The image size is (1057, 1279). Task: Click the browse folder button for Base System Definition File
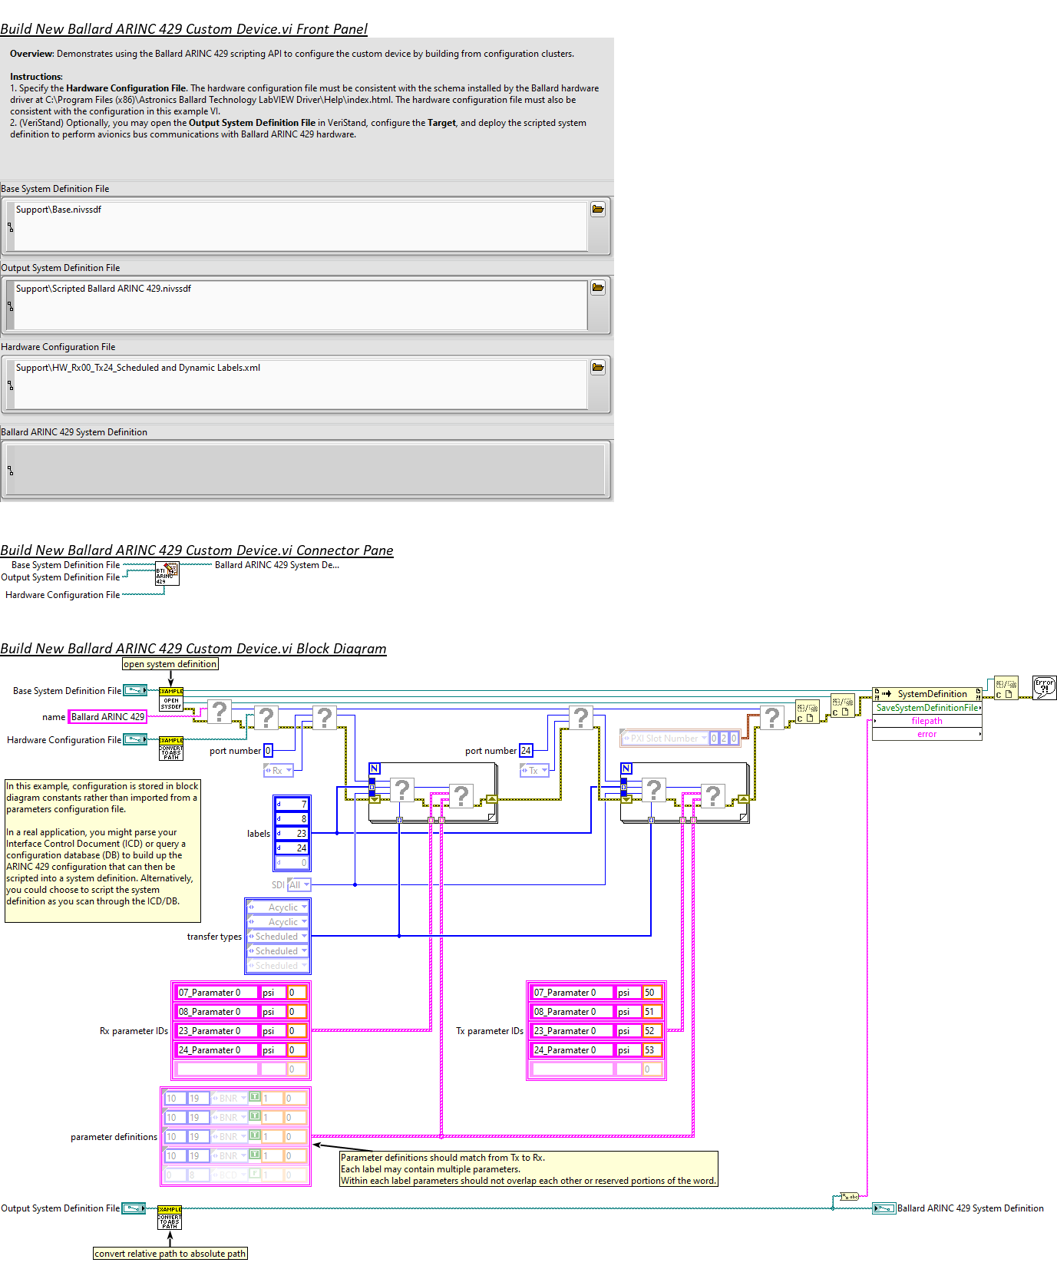pos(598,210)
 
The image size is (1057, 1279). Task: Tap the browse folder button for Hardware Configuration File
pos(598,368)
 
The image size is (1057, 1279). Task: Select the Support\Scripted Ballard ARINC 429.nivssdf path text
pos(104,289)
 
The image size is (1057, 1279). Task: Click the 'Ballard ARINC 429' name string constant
pos(107,717)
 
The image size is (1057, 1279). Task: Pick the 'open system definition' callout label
pos(170,664)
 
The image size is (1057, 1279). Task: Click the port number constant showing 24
pos(526,751)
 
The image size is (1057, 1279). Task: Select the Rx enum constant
pos(278,770)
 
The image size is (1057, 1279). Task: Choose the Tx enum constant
pos(534,770)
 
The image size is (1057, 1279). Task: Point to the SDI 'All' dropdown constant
pos(299,885)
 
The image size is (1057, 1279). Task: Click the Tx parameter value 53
pos(652,1050)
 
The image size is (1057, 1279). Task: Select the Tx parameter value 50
pos(652,993)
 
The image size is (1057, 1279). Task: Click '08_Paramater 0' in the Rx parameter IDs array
pos(217,1012)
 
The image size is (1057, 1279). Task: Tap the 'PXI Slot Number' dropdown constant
pos(665,739)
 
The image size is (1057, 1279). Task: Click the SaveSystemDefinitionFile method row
pos(927,708)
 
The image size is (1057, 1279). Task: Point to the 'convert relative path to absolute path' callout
pos(170,1254)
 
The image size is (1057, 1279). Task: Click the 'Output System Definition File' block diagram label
pos(61,1208)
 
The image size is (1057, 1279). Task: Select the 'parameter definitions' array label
pos(114,1137)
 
